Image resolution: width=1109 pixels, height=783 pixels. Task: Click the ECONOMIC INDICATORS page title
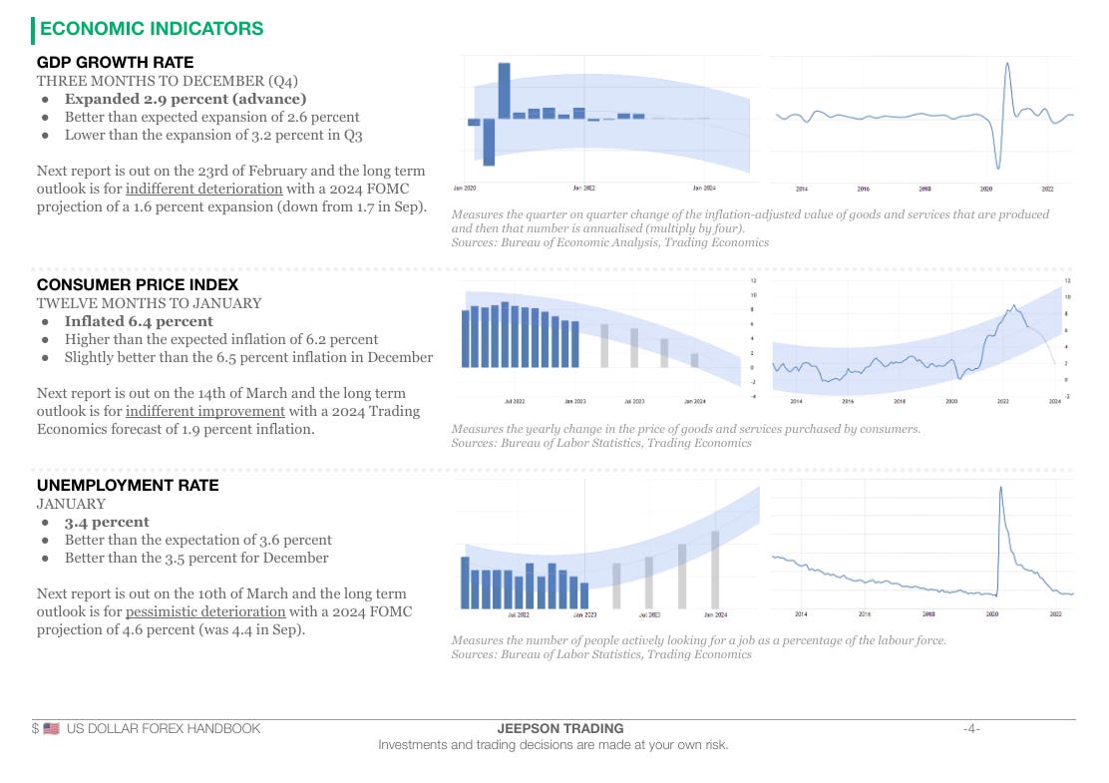click(x=151, y=29)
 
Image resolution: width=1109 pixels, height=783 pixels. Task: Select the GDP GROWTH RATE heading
click(x=115, y=63)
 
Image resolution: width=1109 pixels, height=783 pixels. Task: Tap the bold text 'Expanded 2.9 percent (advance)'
click(x=185, y=99)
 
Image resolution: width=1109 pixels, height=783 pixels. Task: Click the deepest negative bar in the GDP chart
click(x=489, y=143)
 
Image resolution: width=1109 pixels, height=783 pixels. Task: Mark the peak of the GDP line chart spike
click(x=1007, y=65)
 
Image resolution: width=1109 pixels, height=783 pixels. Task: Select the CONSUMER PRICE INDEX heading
click(x=138, y=285)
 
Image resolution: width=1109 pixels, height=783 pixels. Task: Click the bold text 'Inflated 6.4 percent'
click(x=139, y=321)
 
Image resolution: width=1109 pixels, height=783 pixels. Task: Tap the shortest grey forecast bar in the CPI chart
click(x=695, y=360)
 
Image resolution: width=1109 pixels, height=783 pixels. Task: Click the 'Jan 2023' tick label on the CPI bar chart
click(x=575, y=401)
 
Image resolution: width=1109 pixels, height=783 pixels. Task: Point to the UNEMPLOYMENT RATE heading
click(x=128, y=486)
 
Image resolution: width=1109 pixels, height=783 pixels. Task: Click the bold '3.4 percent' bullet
click(x=107, y=522)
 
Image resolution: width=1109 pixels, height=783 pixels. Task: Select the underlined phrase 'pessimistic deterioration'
click(x=205, y=611)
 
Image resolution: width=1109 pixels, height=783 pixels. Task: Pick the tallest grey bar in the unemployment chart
click(x=715, y=570)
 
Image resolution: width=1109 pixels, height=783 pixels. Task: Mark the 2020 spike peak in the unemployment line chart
click(x=1000, y=488)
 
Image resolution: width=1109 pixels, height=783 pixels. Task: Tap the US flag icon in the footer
click(x=52, y=729)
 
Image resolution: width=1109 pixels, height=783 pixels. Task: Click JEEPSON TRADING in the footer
click(x=559, y=729)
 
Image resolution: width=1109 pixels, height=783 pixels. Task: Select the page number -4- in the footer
click(x=970, y=729)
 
